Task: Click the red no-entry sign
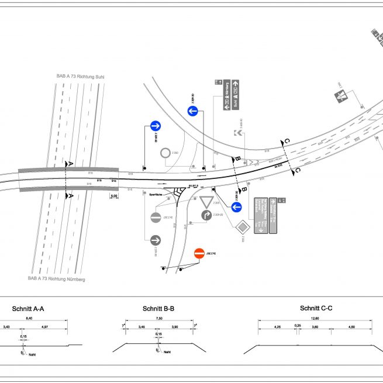click(199, 253)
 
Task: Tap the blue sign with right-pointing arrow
click(156, 125)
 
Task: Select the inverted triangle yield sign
click(206, 202)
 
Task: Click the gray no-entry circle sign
click(156, 218)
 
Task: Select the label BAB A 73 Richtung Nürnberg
click(56, 280)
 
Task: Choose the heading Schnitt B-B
click(158, 309)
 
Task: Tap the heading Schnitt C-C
click(316, 308)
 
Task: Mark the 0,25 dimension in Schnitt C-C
click(298, 325)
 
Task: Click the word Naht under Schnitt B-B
click(167, 352)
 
